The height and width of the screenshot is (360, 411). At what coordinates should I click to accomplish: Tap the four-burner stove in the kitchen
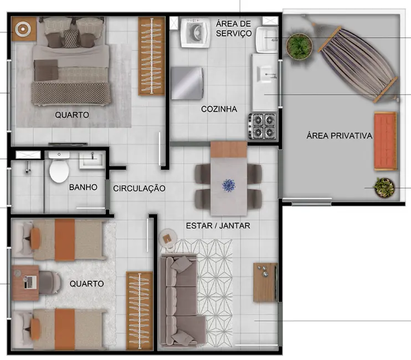[x=263, y=126]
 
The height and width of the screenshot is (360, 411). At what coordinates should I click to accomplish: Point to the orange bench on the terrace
[x=385, y=141]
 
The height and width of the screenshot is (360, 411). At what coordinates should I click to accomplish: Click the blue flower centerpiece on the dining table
[x=229, y=185]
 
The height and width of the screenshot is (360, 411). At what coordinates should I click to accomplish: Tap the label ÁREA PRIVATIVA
[x=339, y=135]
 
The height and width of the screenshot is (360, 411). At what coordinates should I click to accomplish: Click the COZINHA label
[x=219, y=109]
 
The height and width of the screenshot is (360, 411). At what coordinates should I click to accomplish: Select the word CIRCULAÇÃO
[x=139, y=188]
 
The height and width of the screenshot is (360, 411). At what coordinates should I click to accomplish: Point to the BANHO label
[x=83, y=187]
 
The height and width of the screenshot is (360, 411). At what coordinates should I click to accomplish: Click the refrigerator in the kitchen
[x=187, y=83]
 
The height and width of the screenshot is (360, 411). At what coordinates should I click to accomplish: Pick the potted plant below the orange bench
[x=384, y=188]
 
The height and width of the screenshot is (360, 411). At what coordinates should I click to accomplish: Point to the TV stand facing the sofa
[x=265, y=282]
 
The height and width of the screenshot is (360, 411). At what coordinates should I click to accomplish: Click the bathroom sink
[x=90, y=160]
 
